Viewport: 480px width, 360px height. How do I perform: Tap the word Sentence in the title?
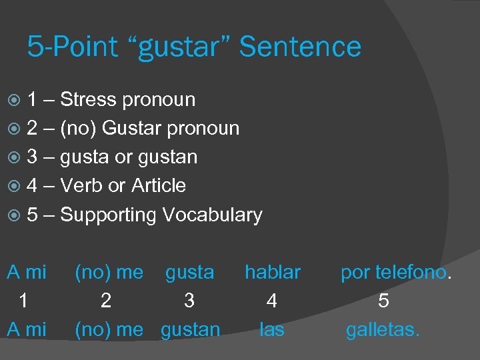[300, 47]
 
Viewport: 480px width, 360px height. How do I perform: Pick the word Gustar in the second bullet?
[129, 128]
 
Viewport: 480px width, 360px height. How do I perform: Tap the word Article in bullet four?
[158, 185]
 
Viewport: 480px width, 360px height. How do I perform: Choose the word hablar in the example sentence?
[272, 272]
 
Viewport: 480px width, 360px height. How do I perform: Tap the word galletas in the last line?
[382, 329]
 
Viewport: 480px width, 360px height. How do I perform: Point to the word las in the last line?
[271, 329]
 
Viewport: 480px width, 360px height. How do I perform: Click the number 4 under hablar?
[271, 301]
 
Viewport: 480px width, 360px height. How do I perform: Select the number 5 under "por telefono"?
[383, 301]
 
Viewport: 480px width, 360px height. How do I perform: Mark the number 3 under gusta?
[189, 301]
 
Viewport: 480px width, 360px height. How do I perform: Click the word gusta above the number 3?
[189, 272]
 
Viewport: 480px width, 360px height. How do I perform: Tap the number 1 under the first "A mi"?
[23, 301]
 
